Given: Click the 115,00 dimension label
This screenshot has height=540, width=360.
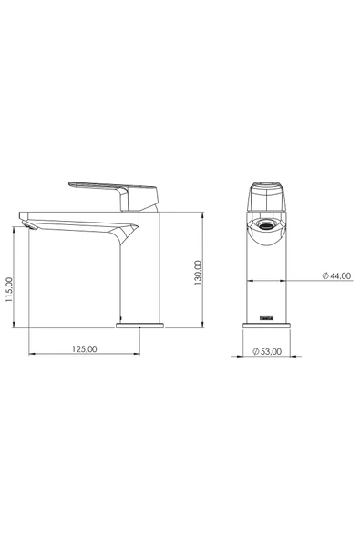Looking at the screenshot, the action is pos(9,290).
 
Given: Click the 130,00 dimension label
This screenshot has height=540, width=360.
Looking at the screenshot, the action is pos(199,273).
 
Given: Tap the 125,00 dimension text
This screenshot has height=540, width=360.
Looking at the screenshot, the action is pos(85,348).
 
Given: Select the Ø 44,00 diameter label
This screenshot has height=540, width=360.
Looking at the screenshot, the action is pos(336,275).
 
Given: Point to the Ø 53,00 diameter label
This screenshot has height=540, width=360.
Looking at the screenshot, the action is pos(267,351).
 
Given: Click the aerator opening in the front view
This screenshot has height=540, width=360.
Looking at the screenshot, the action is pos(266,225).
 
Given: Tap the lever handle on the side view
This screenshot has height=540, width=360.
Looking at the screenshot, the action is pos(113,195).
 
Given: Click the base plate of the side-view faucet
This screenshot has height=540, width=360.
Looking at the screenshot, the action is pos(139,326).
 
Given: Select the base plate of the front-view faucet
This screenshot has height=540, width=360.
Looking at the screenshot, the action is pos(266,326).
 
